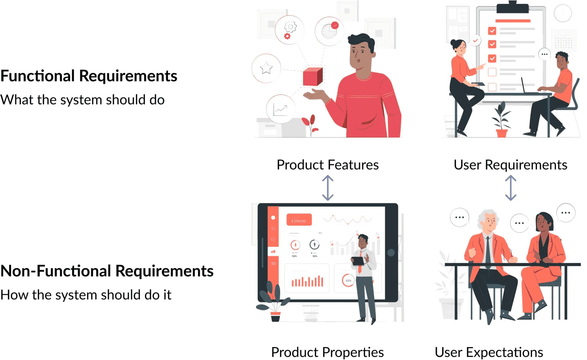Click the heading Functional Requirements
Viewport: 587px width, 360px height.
tap(89, 76)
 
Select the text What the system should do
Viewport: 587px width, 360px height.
tap(83, 100)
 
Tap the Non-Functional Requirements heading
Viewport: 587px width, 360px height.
tap(107, 271)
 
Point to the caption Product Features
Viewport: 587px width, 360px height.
tap(328, 165)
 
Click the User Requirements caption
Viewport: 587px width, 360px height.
tap(510, 165)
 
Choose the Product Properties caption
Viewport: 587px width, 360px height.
tap(327, 352)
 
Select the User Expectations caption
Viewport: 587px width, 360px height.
tap(489, 352)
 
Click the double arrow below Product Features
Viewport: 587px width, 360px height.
tap(328, 188)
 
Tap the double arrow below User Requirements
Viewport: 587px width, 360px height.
tap(511, 188)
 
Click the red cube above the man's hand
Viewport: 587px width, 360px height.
tap(313, 77)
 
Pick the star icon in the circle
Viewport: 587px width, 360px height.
tap(266, 68)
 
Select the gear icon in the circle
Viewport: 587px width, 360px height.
tap(289, 29)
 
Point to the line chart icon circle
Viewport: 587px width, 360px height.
tap(281, 109)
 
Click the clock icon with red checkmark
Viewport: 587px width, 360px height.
tap(329, 31)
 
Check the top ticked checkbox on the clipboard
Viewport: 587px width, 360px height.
tap(492, 31)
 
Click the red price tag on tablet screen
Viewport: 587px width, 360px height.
tap(299, 220)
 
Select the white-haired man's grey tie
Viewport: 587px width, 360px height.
tap(488, 252)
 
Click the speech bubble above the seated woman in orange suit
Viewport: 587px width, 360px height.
tap(566, 212)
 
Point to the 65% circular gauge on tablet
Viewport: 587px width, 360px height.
tap(348, 281)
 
